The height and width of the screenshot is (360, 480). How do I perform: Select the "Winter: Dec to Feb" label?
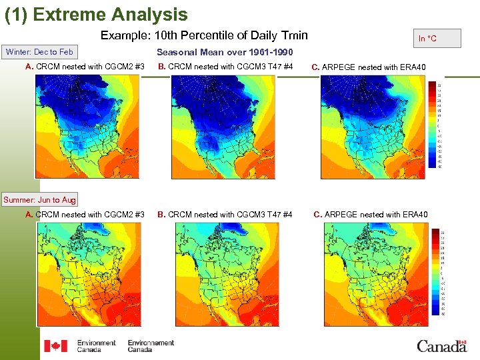39,52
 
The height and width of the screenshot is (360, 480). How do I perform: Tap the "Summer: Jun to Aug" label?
40,199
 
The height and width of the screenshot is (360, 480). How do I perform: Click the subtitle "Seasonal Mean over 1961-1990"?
225,52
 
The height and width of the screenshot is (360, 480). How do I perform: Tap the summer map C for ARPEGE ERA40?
376,273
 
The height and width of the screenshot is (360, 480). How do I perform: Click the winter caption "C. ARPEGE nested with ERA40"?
369,67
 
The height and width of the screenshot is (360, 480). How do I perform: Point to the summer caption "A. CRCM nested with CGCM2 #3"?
85,214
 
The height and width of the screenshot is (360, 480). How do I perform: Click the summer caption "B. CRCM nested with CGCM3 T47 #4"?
225,214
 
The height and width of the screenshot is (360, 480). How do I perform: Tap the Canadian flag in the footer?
55,345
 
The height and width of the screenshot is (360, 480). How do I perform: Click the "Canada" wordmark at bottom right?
441,345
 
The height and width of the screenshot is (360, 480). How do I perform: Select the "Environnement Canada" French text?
151,345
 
